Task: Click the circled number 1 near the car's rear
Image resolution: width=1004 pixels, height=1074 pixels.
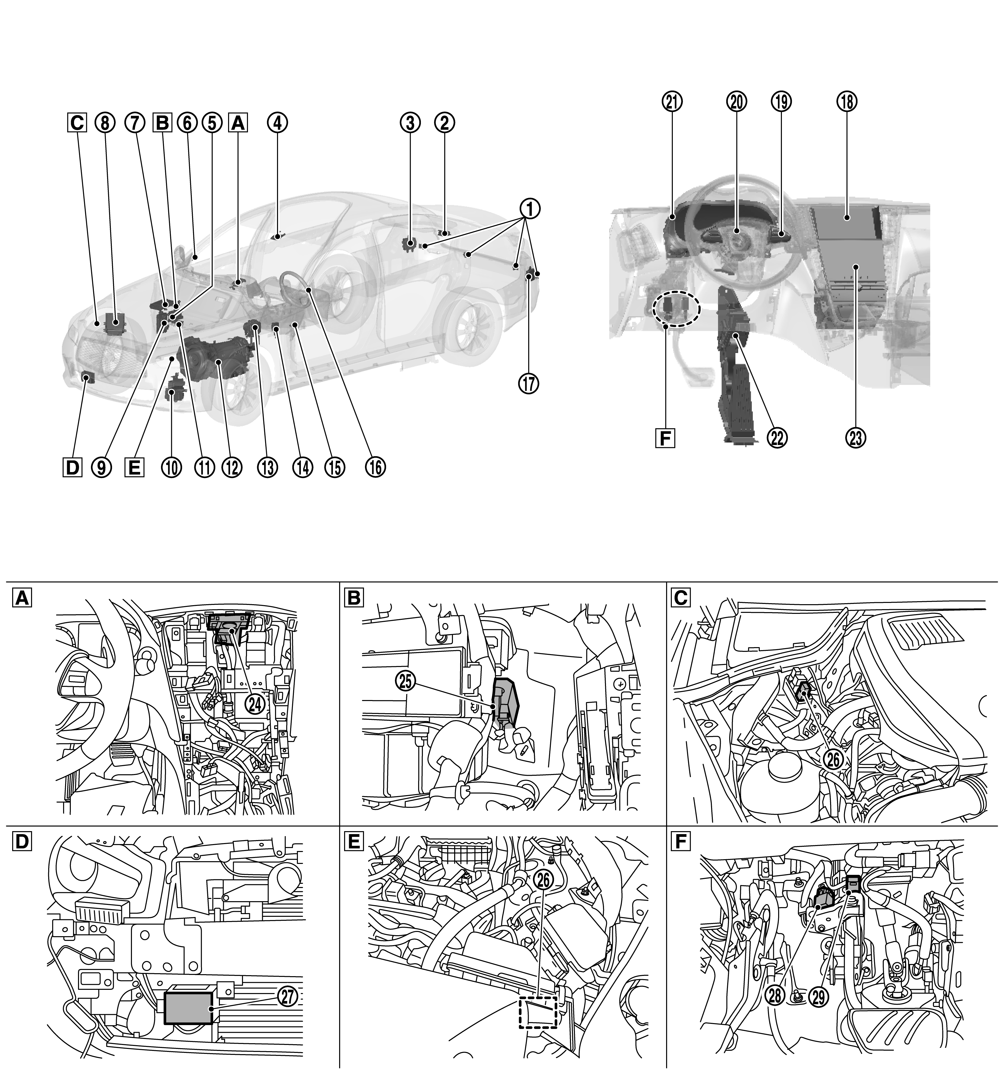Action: pyautogui.click(x=530, y=208)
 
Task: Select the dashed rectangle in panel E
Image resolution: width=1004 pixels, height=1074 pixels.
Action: pyautogui.click(x=537, y=1012)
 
